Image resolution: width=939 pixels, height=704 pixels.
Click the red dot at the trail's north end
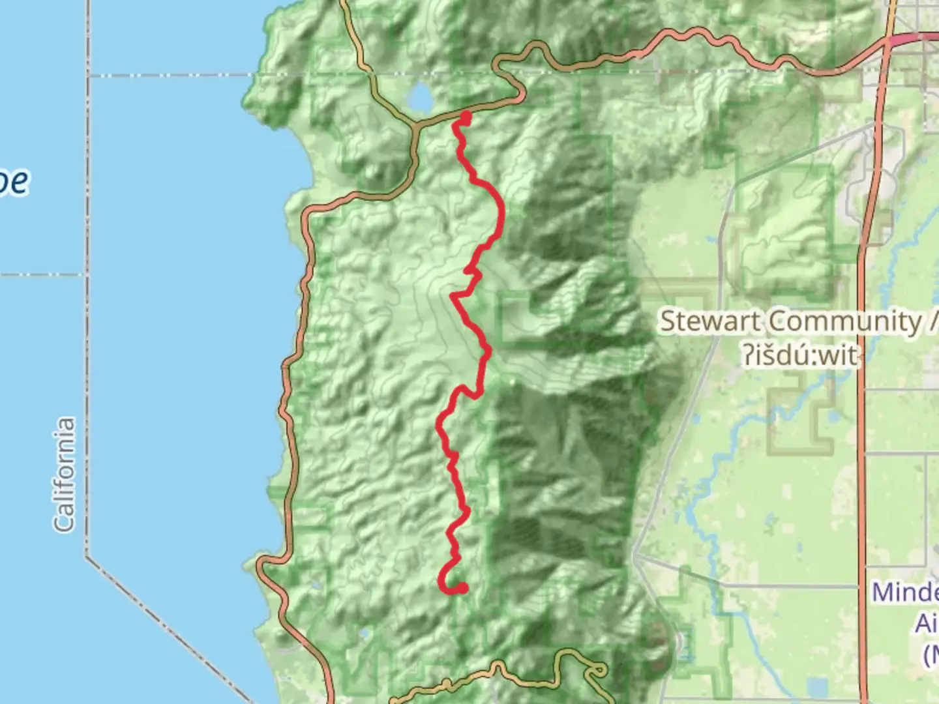466,117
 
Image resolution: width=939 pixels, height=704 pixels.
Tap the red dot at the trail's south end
462,589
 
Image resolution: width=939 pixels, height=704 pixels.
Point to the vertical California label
64,475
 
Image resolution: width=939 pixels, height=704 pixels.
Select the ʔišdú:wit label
799,356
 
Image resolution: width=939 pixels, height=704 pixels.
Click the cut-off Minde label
905,593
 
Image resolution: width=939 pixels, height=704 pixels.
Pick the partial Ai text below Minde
926,623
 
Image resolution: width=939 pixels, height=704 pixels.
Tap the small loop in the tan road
595,671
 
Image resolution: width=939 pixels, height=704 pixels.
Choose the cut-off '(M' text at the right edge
931,654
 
